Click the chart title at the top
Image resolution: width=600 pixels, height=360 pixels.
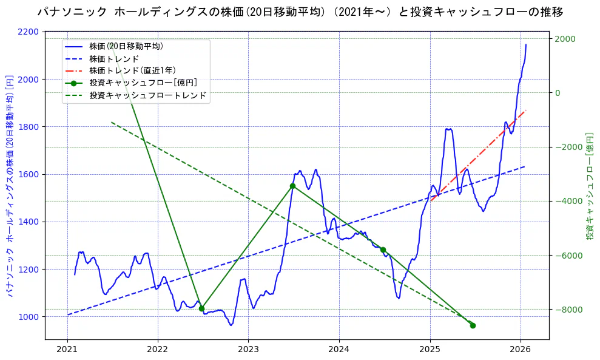click(300, 12)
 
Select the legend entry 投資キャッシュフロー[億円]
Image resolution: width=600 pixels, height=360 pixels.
click(143, 83)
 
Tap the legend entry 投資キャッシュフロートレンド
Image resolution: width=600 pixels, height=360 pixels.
click(147, 96)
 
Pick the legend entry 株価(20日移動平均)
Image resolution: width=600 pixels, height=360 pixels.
click(126, 46)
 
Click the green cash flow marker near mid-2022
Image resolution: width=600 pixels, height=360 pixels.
click(201, 308)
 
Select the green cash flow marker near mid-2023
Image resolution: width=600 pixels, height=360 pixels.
click(292, 186)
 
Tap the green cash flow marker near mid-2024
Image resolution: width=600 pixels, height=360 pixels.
click(383, 250)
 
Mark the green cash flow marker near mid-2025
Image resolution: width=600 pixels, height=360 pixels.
click(473, 325)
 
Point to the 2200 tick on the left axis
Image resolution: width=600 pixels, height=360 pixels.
click(31, 32)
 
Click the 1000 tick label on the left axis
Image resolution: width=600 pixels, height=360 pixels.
click(31, 317)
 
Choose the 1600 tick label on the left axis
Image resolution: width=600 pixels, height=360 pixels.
click(31, 174)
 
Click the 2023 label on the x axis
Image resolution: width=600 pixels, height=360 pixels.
click(248, 349)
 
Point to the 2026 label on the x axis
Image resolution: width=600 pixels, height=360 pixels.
click(521, 349)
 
